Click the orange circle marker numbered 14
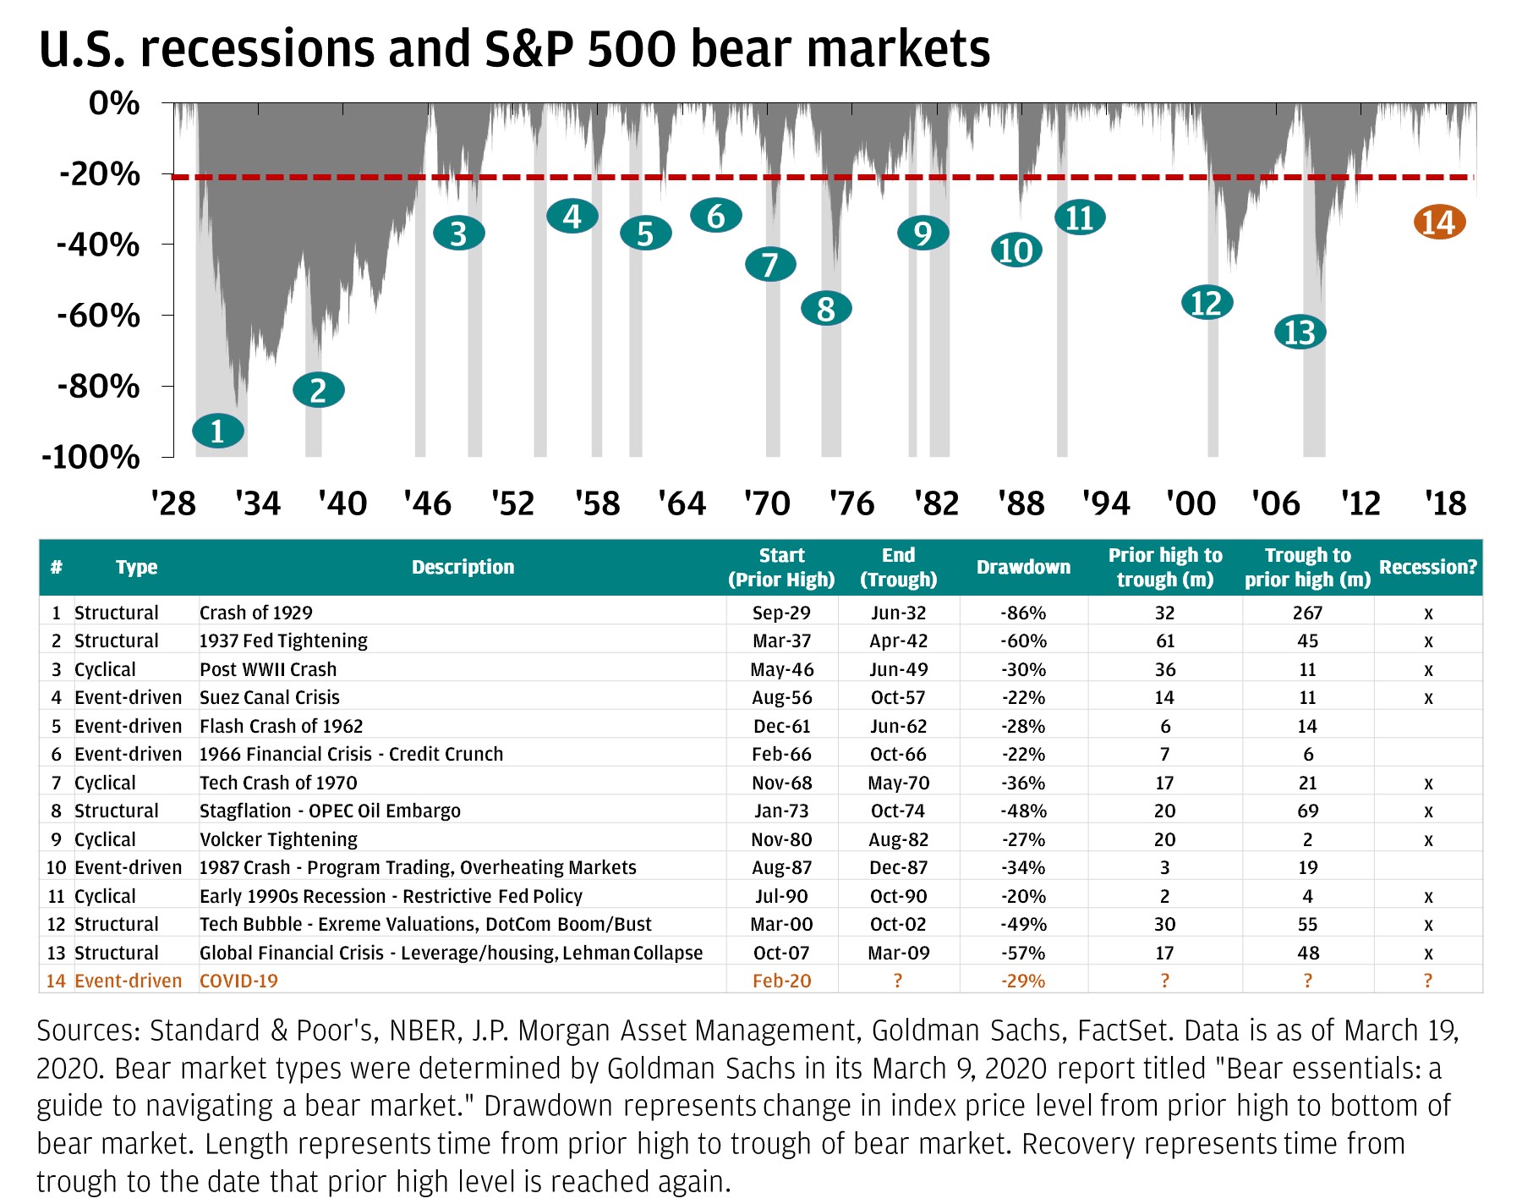1439,223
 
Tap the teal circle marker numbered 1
218,431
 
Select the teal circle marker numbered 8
826,309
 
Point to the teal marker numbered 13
1300,333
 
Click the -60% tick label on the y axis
98,316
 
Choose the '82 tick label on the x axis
937,503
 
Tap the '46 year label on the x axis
428,503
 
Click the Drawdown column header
1023,567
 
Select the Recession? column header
1427,567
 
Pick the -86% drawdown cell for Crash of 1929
1023,613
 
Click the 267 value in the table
1307,613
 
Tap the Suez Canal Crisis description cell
270,697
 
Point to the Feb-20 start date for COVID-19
781,981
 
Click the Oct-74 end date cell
898,811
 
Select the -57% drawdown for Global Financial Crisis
1023,953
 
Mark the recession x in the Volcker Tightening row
1428,840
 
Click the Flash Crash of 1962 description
281,726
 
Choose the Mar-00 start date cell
781,924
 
